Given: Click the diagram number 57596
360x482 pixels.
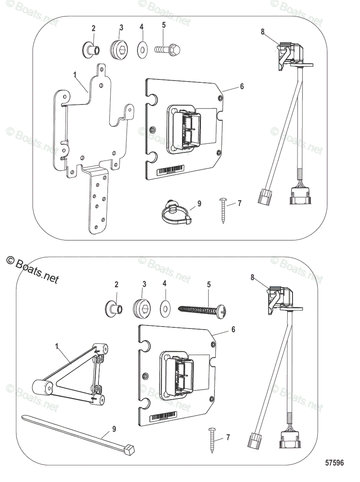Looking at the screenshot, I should (334, 463).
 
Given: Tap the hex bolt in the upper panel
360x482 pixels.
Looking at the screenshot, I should (167, 49).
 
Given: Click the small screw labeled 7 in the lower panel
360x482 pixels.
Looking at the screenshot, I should (212, 440).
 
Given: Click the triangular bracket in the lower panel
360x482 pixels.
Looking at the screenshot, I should (72, 374).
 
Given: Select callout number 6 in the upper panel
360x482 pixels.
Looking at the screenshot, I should (241, 86).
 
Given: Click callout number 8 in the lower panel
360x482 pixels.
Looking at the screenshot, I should (252, 277).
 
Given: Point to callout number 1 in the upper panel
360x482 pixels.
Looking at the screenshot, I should (75, 74).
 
